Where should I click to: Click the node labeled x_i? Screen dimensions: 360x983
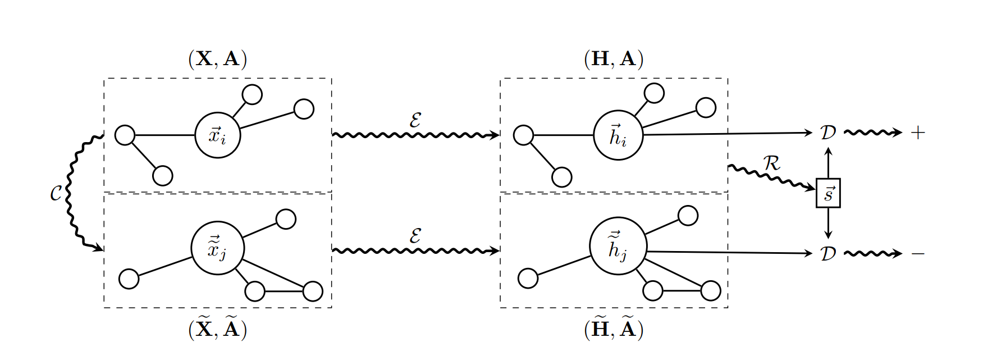pyautogui.click(x=218, y=135)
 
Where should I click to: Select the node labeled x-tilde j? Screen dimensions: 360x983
pyautogui.click(x=217, y=248)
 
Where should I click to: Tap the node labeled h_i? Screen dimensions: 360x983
pyautogui.click(x=618, y=135)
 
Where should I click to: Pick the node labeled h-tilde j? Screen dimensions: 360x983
pyautogui.click(x=618, y=247)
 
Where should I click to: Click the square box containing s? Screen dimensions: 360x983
pyautogui.click(x=828, y=193)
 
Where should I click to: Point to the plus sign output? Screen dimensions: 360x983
pyautogui.click(x=917, y=133)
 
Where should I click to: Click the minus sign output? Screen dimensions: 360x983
pyautogui.click(x=917, y=254)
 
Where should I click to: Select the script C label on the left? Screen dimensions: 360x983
pyautogui.click(x=56, y=194)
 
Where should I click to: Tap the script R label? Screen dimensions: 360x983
pyautogui.click(x=772, y=163)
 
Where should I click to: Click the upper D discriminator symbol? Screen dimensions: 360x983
pyautogui.click(x=828, y=133)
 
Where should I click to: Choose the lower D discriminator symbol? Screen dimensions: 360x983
pyautogui.click(x=828, y=254)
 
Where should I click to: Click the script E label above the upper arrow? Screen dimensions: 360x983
pyautogui.click(x=415, y=120)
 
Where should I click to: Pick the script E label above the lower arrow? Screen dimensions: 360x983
pyautogui.click(x=415, y=236)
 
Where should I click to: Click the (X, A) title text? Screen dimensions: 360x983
pyautogui.click(x=218, y=58)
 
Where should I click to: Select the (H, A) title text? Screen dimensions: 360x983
pyautogui.click(x=614, y=58)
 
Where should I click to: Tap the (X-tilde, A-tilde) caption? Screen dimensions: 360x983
pyautogui.click(x=218, y=329)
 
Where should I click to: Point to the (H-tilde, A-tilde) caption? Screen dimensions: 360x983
pyautogui.click(x=614, y=329)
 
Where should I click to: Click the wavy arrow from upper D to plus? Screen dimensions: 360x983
pyautogui.click(x=872, y=133)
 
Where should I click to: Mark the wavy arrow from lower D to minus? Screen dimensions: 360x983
pyautogui.click(x=872, y=254)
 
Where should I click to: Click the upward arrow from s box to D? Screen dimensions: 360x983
pyautogui.click(x=828, y=163)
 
